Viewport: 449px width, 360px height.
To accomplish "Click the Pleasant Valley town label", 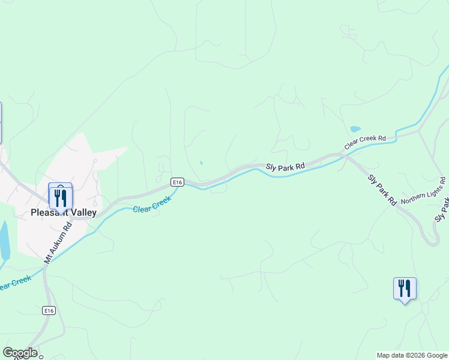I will tap(63, 212).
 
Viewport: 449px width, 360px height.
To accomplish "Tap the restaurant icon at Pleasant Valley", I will tap(61, 197).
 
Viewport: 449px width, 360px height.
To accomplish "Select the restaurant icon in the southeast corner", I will tap(404, 289).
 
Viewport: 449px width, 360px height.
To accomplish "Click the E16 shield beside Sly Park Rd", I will tap(176, 182).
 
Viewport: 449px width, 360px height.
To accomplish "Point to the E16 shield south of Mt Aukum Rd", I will tap(49, 310).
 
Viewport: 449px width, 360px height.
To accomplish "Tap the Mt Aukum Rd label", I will tap(58, 242).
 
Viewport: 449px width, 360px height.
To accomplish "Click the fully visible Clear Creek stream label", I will tap(152, 205).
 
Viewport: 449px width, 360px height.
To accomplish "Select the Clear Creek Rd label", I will tap(365, 142).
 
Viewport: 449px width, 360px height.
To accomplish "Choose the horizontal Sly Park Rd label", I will tap(286, 166).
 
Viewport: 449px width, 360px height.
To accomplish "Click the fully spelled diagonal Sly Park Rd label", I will tap(382, 190).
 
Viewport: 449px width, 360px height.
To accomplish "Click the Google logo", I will tap(20, 353).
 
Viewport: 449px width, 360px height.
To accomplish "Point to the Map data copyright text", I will tap(412, 355).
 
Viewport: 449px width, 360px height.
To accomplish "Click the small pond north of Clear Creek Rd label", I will tap(355, 128).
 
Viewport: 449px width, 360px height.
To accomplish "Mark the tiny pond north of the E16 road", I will tap(201, 163).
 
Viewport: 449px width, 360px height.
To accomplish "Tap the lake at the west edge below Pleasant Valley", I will tap(4, 240).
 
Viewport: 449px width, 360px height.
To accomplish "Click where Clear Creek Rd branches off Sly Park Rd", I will tap(341, 154).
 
